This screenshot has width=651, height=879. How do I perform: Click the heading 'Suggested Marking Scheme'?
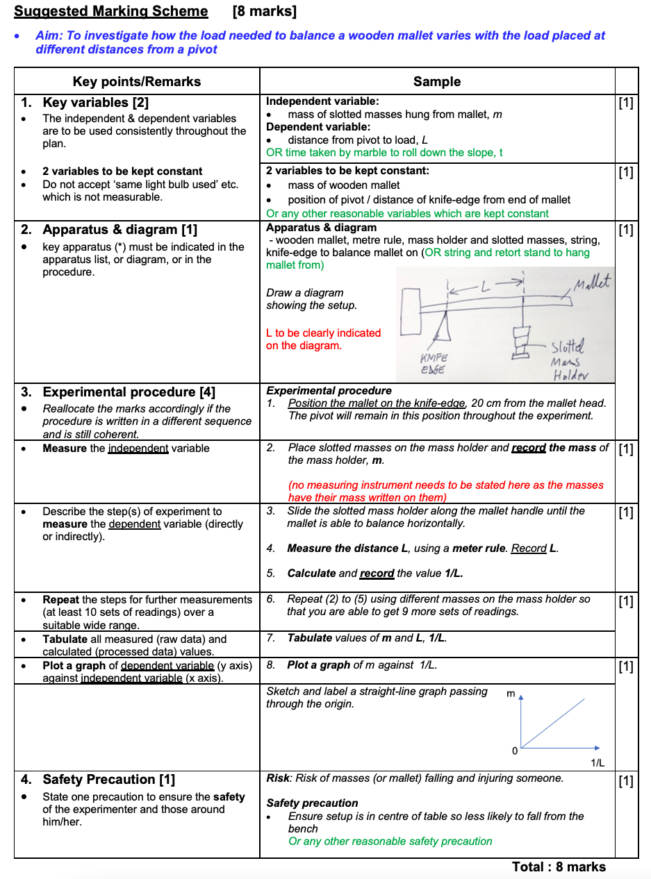[x=110, y=12]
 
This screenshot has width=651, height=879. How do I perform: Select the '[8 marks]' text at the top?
[x=264, y=12]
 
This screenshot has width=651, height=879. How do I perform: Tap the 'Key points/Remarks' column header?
[x=136, y=81]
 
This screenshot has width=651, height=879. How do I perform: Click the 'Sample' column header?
[x=436, y=81]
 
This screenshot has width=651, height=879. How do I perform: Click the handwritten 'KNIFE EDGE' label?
[x=434, y=364]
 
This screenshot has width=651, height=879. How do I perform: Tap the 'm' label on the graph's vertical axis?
[x=511, y=693]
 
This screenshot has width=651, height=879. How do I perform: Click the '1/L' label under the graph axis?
[x=597, y=762]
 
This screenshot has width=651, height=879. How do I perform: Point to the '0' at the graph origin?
[x=514, y=751]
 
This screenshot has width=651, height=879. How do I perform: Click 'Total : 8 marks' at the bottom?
[x=559, y=867]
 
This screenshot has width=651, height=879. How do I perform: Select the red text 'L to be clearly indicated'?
[x=323, y=333]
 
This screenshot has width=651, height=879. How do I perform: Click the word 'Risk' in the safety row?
[x=278, y=778]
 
